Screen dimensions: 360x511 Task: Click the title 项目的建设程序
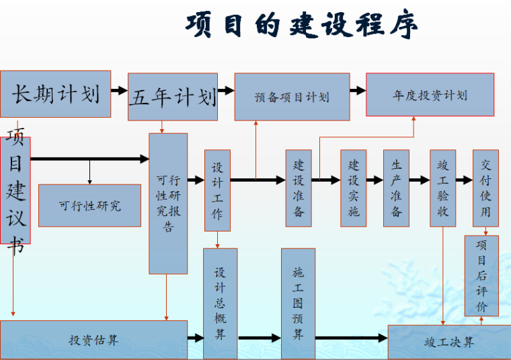pyautogui.click(x=301, y=25)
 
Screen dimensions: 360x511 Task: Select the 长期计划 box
pyautogui.click(x=56, y=94)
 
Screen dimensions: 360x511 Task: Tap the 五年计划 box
pyautogui.click(x=173, y=97)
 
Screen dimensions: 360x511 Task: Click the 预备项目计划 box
pyautogui.click(x=292, y=97)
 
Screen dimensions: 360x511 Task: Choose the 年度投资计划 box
pyautogui.click(x=430, y=95)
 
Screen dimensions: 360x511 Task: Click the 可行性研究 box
pyautogui.click(x=89, y=205)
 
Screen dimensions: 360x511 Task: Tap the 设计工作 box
pyautogui.click(x=217, y=190)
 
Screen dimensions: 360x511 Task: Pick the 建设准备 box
pyautogui.click(x=299, y=188)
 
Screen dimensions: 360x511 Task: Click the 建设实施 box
pyautogui.click(x=353, y=188)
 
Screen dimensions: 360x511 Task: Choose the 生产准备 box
pyautogui.click(x=397, y=188)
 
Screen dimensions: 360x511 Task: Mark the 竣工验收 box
pyautogui.click(x=442, y=188)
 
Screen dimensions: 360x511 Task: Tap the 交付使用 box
pyautogui.click(x=485, y=188)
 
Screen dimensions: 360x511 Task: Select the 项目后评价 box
pyautogui.click(x=481, y=276)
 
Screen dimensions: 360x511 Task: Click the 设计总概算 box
pyautogui.click(x=220, y=303)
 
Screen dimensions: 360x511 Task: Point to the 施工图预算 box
pyautogui.click(x=298, y=303)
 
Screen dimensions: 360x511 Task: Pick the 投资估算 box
pyautogui.click(x=93, y=340)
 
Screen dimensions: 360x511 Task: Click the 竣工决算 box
pyautogui.click(x=448, y=342)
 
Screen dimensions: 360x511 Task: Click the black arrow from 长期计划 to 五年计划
pyautogui.click(x=119, y=90)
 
